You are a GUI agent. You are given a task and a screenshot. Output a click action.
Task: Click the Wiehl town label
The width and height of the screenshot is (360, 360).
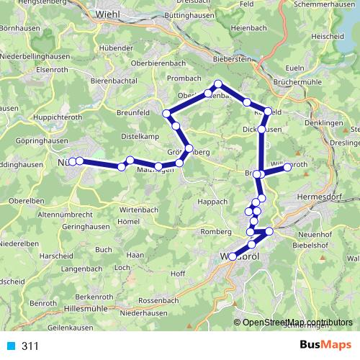click(107, 14)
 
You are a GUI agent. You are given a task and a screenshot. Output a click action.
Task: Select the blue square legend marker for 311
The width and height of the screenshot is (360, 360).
click(12, 346)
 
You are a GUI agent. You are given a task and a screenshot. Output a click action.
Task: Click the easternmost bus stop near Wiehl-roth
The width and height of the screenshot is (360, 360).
click(287, 167)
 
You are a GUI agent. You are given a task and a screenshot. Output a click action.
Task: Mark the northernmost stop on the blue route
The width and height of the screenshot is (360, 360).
click(218, 84)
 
